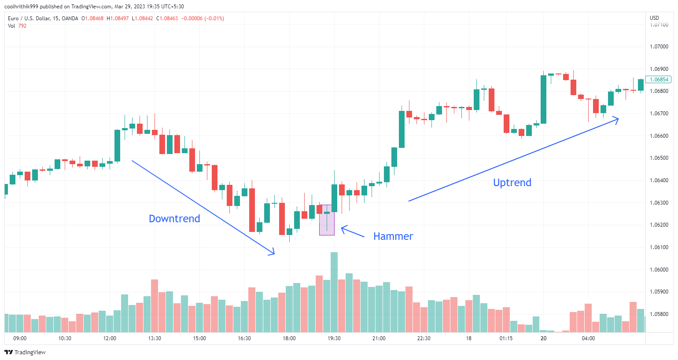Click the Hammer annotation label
393,236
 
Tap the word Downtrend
174,219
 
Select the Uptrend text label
512,183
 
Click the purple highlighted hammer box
327,220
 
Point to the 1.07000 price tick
659,47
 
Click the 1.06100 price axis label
659,247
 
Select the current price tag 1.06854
659,80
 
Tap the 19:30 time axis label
334,338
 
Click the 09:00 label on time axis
20,338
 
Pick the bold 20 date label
544,338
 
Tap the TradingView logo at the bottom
25,352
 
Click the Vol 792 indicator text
17,26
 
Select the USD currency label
654,18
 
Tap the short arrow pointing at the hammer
352,232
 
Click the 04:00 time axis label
588,338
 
